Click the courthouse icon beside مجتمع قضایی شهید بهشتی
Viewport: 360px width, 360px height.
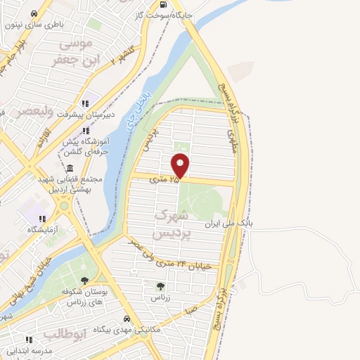70,169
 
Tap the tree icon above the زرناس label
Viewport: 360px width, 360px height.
160,286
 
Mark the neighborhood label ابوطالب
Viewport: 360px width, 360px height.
64,333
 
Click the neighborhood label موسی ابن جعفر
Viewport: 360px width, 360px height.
74,53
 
